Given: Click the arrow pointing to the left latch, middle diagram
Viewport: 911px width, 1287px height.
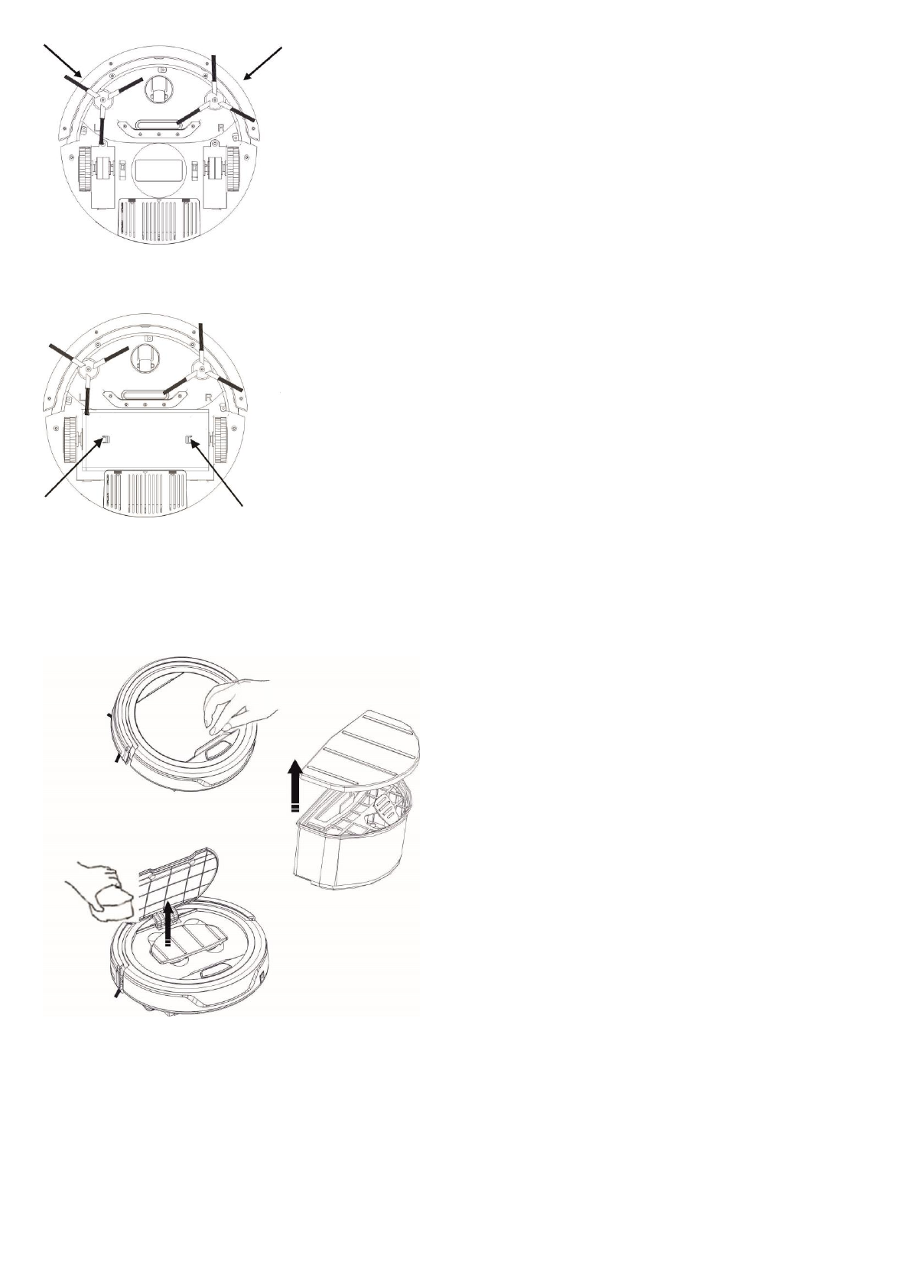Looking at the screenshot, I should (73, 469).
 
